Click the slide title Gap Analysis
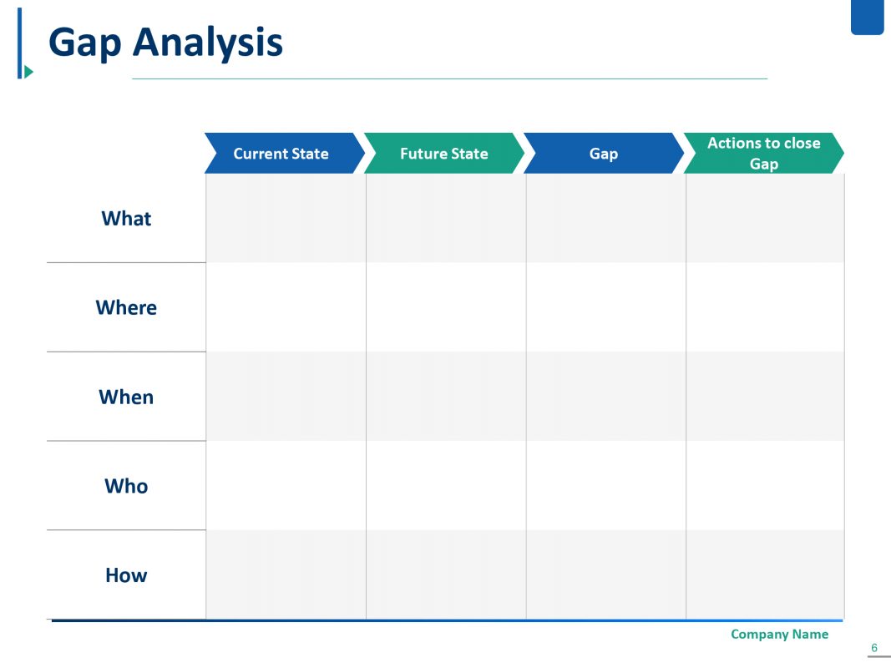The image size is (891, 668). click(x=165, y=43)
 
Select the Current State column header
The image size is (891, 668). click(x=281, y=154)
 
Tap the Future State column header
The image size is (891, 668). click(x=443, y=154)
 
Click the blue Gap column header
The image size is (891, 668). click(x=603, y=154)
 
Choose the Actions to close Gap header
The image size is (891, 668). click(x=763, y=154)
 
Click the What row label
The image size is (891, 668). click(x=126, y=219)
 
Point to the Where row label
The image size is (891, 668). click(x=126, y=308)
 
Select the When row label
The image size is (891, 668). click(x=126, y=397)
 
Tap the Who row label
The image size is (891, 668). click(x=126, y=486)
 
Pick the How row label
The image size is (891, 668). click(x=126, y=575)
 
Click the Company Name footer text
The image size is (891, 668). click(x=779, y=635)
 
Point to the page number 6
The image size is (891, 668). click(x=874, y=648)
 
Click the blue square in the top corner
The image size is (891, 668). click(x=867, y=17)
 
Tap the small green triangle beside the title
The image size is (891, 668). click(x=29, y=72)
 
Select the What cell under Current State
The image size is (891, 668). click(x=286, y=219)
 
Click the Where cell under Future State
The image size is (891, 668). click(x=446, y=308)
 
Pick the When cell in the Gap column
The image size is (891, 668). click(x=606, y=397)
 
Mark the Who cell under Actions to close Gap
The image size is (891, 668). click(x=765, y=486)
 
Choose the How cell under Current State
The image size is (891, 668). click(x=286, y=575)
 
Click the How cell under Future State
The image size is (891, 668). click(x=446, y=575)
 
